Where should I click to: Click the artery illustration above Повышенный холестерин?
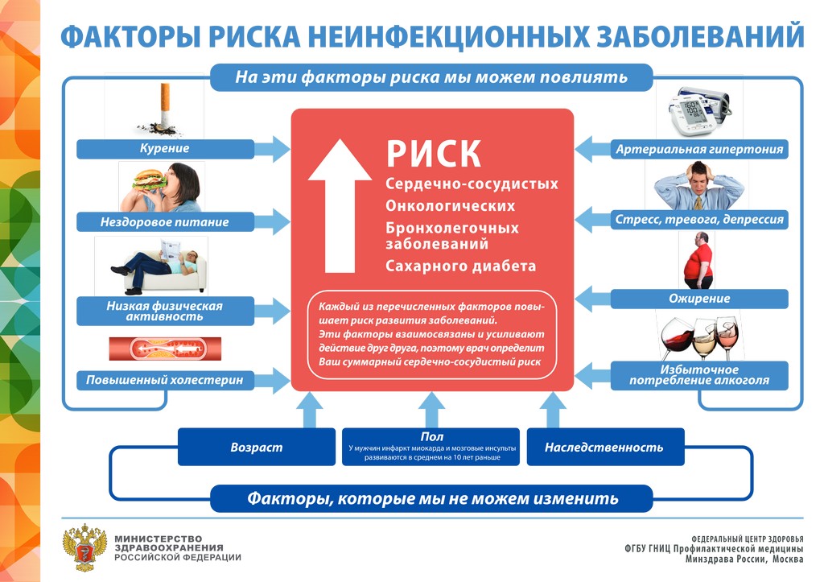(x=165, y=349)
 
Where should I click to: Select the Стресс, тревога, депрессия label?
(x=698, y=219)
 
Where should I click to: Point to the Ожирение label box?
(x=698, y=299)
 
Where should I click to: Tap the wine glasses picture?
(x=697, y=335)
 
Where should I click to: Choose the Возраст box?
(x=256, y=448)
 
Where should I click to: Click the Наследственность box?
(x=604, y=448)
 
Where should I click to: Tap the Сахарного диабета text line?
(x=460, y=266)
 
